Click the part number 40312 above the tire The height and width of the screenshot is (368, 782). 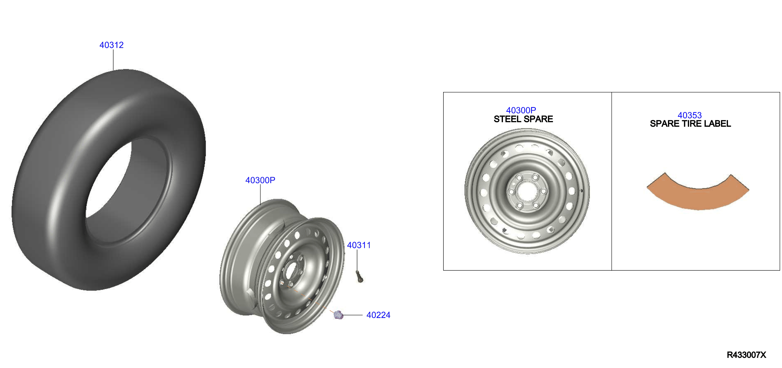pyautogui.click(x=111, y=45)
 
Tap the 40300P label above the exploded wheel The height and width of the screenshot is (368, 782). pyautogui.click(x=260, y=180)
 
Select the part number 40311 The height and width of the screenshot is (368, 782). pyautogui.click(x=359, y=245)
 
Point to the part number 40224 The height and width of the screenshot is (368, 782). pyautogui.click(x=378, y=315)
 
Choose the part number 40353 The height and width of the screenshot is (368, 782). pyautogui.click(x=690, y=115)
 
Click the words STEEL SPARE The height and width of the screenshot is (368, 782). pyautogui.click(x=523, y=119)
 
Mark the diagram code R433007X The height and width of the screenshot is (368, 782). pyautogui.click(x=747, y=355)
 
